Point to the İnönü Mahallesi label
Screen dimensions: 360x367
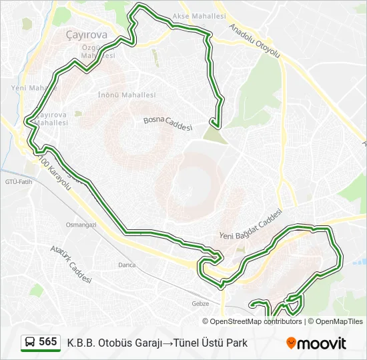coord(127,95)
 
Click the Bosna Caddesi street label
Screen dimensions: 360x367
coord(167,123)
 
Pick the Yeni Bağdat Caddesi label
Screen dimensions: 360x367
coord(251,226)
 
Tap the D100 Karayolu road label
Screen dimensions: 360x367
coord(53,173)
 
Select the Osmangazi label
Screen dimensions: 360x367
coord(81,225)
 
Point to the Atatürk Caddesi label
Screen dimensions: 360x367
coord(71,264)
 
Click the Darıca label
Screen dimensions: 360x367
coord(127,265)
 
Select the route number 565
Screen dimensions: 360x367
coord(48,342)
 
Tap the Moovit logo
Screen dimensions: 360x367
coord(316,343)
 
